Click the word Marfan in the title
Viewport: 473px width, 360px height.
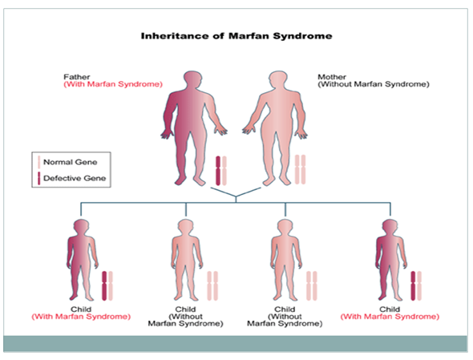point(249,36)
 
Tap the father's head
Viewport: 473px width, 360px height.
point(192,79)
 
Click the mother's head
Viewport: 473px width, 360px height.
point(278,79)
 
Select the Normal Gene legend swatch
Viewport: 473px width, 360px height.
point(39,162)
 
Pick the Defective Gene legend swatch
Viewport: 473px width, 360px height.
point(39,178)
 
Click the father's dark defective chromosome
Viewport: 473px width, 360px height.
point(218,171)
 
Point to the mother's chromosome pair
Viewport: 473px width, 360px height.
point(300,169)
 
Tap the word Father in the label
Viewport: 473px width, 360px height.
point(77,77)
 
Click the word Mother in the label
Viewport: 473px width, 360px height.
point(332,77)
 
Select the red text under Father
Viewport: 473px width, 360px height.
point(113,84)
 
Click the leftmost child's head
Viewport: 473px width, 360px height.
point(81,227)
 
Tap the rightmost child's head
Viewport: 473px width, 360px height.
point(390,227)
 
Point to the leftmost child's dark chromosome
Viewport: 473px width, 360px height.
point(104,285)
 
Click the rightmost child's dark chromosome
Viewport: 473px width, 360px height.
point(413,285)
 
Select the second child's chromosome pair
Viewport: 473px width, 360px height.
point(212,285)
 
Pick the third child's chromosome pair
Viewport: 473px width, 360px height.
point(312,285)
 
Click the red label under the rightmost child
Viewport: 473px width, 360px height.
point(390,317)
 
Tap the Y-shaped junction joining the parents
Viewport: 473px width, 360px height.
point(236,196)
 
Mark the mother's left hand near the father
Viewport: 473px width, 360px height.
point(249,129)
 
